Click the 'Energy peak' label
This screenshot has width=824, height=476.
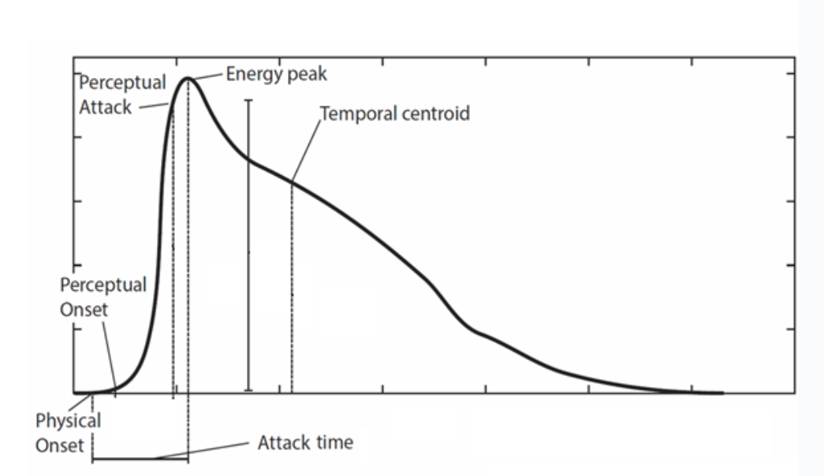point(276,74)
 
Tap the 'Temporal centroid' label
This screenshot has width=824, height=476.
point(394,113)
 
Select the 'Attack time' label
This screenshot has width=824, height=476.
point(305,442)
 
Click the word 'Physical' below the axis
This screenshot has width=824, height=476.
point(68,421)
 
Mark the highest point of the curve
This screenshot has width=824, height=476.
point(188,78)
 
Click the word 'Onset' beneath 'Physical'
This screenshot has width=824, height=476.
point(59,445)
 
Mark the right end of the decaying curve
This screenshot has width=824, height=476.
point(721,392)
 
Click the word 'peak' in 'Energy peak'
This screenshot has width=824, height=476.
point(308,74)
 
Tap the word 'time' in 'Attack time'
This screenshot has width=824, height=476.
point(334,442)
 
